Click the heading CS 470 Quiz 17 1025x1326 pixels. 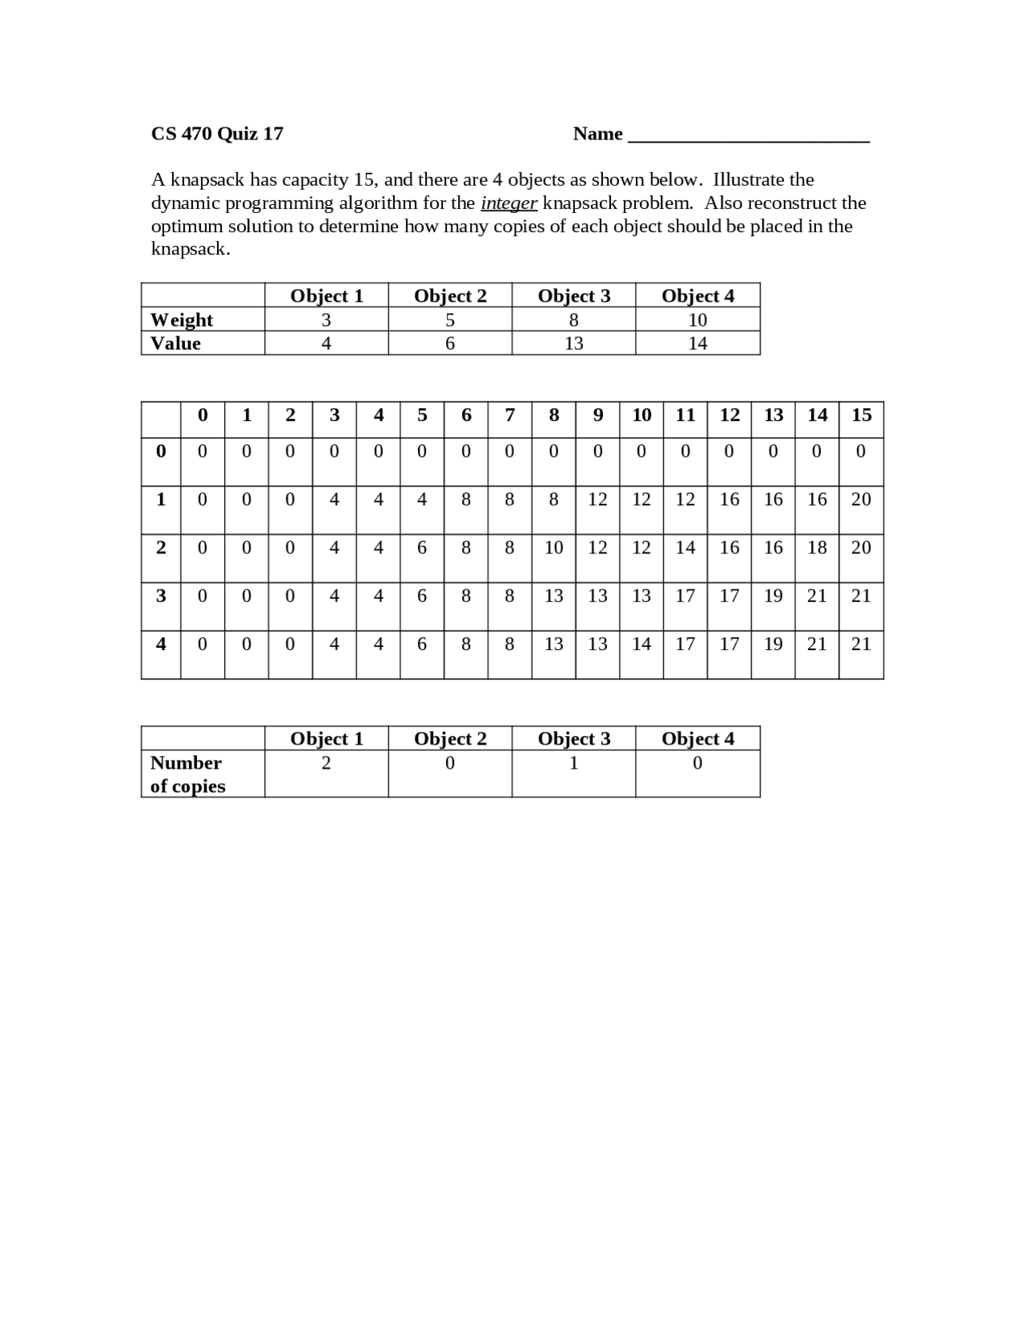tap(217, 134)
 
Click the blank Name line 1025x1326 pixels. tap(749, 136)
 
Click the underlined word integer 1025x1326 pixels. tap(508, 203)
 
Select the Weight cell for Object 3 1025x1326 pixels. tap(573, 320)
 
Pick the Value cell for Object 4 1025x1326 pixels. tap(697, 344)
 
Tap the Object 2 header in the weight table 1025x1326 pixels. tap(450, 295)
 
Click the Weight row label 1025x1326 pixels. tap(182, 320)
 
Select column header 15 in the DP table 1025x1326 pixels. tap(861, 415)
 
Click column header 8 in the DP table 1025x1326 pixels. tap(553, 415)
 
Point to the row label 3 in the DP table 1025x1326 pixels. tap(161, 596)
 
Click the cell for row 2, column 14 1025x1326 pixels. tap(817, 548)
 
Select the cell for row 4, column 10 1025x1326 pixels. tap(641, 644)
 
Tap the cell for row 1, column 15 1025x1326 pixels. tap(861, 500)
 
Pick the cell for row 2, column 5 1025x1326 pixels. tap(422, 548)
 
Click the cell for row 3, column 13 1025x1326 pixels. tap(773, 596)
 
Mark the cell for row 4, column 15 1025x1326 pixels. tap(861, 644)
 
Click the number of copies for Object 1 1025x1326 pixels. tap(326, 763)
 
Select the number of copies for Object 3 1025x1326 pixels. tap(573, 763)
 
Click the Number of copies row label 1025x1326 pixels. tap(187, 774)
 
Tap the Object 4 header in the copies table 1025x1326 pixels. tap(697, 738)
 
